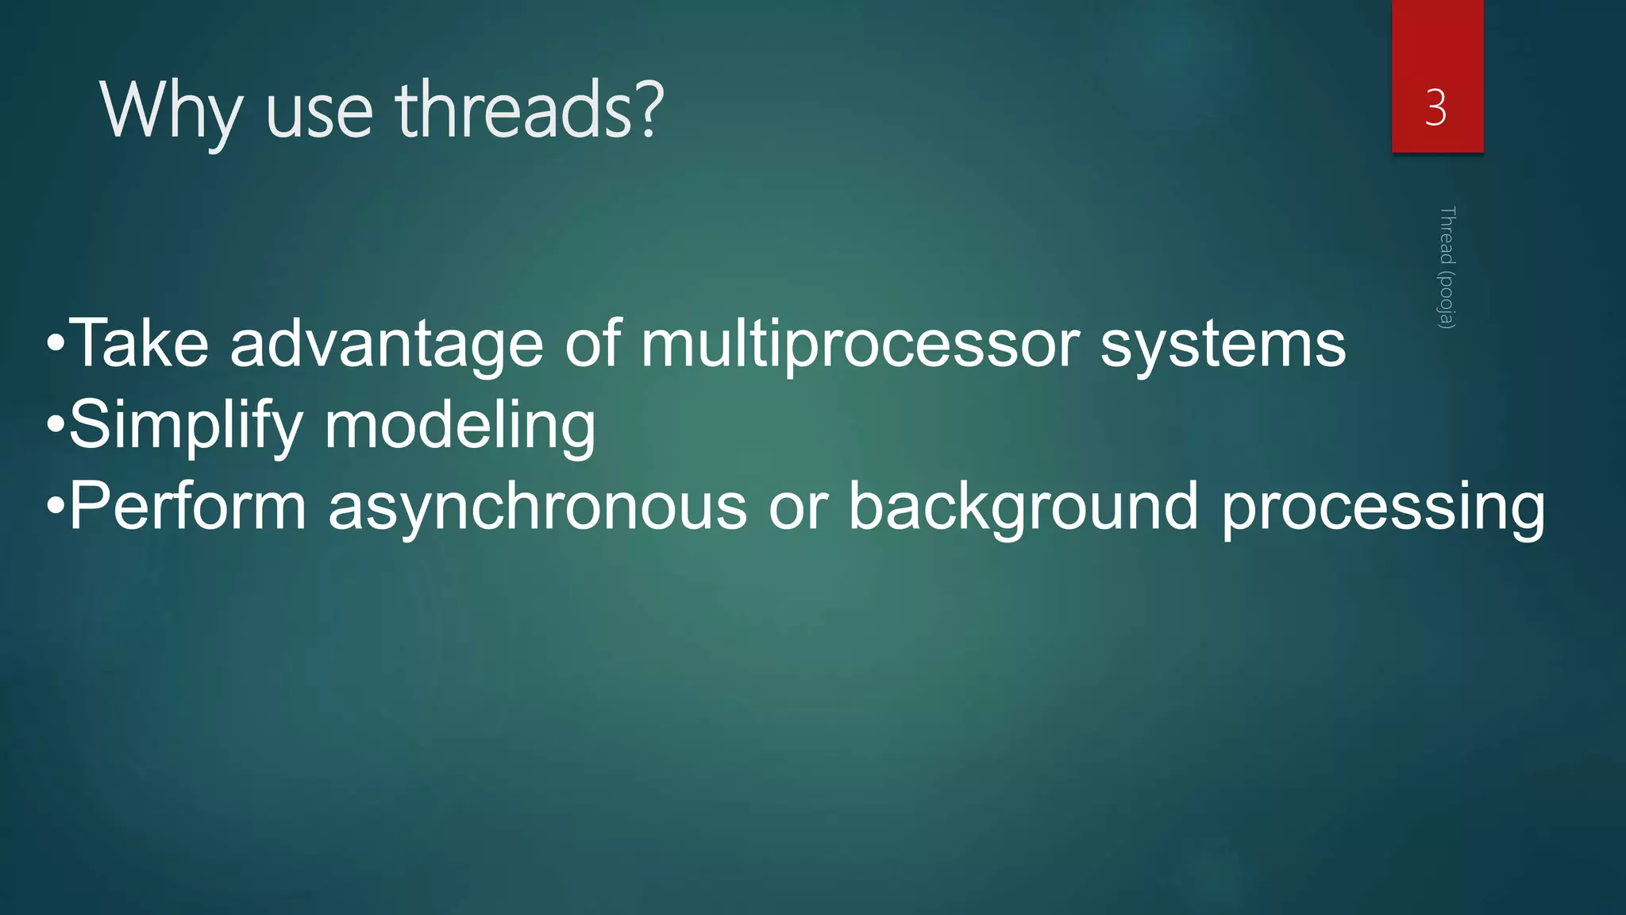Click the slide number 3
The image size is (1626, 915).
[x=1435, y=107]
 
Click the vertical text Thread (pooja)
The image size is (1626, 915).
[x=1447, y=267]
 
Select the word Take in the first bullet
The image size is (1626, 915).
[x=139, y=343]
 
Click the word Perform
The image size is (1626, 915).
[x=188, y=506]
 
